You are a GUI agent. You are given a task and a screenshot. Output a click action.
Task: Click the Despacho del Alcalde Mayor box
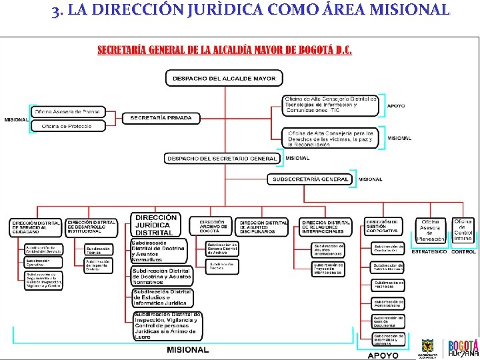point(224,78)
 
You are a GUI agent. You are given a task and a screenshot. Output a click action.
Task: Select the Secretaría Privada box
point(161,118)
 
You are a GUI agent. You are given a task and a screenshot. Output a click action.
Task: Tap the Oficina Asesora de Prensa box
point(67,111)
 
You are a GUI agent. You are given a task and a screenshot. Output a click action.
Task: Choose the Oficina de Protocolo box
point(67,126)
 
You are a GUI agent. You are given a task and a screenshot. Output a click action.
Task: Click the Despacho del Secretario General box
point(223,159)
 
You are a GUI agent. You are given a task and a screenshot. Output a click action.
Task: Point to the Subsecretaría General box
point(311,179)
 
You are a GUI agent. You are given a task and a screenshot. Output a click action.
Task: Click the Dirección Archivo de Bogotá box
point(212,227)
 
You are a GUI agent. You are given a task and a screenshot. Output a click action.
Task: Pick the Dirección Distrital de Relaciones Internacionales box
point(325,227)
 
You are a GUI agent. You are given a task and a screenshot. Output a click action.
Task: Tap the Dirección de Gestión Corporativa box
point(383,227)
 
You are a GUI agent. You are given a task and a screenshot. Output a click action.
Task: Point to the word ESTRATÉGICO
point(429,252)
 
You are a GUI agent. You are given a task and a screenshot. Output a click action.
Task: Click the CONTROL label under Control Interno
point(463,252)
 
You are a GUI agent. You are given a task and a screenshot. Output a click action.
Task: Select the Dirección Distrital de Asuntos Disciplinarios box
point(263,227)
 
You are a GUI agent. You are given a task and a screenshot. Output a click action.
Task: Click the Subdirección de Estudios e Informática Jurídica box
point(162,296)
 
